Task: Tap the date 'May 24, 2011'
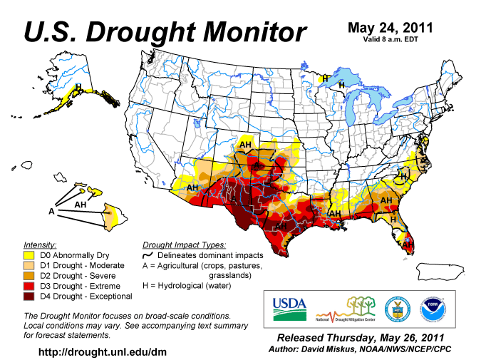(x=389, y=28)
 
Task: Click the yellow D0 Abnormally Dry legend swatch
(x=30, y=254)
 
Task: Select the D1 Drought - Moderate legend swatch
(x=30, y=265)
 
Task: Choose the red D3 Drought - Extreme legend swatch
(x=30, y=286)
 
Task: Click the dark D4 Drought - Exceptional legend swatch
(x=30, y=296)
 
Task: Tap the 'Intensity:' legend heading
(x=41, y=244)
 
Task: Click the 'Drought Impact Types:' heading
(x=185, y=244)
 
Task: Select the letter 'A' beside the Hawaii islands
(x=51, y=212)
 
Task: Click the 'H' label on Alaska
(x=79, y=87)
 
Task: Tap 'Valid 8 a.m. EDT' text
(x=389, y=40)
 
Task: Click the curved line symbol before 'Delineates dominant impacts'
(x=150, y=255)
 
